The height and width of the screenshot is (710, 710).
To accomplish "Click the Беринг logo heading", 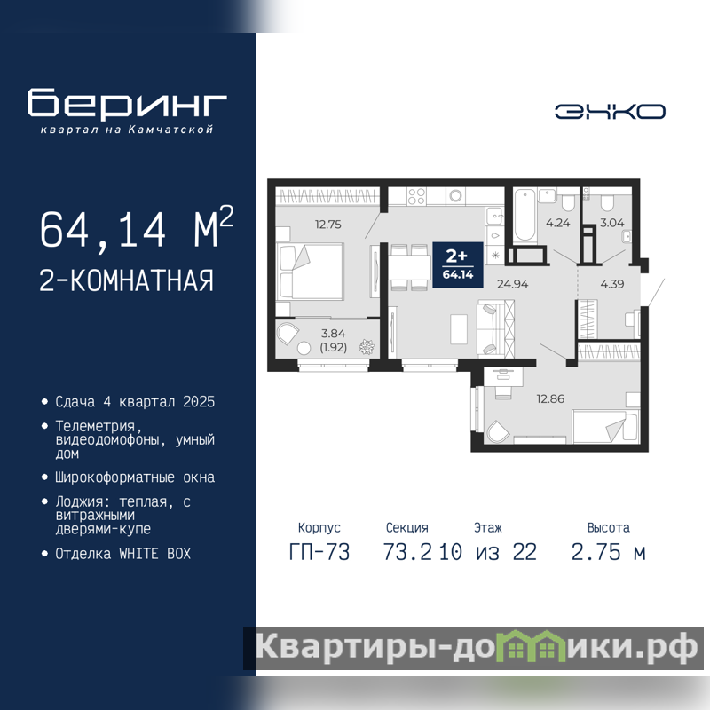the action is coord(127,102).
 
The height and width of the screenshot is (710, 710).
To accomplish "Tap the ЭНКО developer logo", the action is coord(610,112).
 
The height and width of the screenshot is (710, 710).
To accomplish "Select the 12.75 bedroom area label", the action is coord(328,225).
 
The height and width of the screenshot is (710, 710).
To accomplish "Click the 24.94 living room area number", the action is coord(513,284).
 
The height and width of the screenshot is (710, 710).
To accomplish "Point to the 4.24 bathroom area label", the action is coord(558,223).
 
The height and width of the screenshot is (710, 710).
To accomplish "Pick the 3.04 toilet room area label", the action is coord(611,223).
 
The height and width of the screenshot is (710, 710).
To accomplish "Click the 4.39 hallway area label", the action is coord(612,284).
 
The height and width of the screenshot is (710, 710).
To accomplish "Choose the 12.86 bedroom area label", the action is coord(550,398).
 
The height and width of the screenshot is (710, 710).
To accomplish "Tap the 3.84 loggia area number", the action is coord(334,334).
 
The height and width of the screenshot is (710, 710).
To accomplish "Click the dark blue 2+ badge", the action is coord(458,264).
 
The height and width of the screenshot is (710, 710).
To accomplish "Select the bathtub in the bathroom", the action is coord(525,215).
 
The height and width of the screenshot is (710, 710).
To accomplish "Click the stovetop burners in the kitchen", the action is coord(416,197).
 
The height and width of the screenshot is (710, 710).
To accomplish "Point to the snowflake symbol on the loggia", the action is coord(367,347).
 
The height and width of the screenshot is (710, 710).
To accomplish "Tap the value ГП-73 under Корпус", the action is coord(319,552).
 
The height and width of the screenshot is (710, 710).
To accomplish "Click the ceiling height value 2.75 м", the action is coord(608,552).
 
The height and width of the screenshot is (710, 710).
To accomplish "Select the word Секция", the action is coord(407,527).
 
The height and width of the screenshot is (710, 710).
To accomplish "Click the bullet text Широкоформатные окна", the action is coord(135,477).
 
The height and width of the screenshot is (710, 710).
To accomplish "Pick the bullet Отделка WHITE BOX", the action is coord(123,553).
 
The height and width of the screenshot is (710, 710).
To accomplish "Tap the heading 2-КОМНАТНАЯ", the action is coord(126,280).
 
